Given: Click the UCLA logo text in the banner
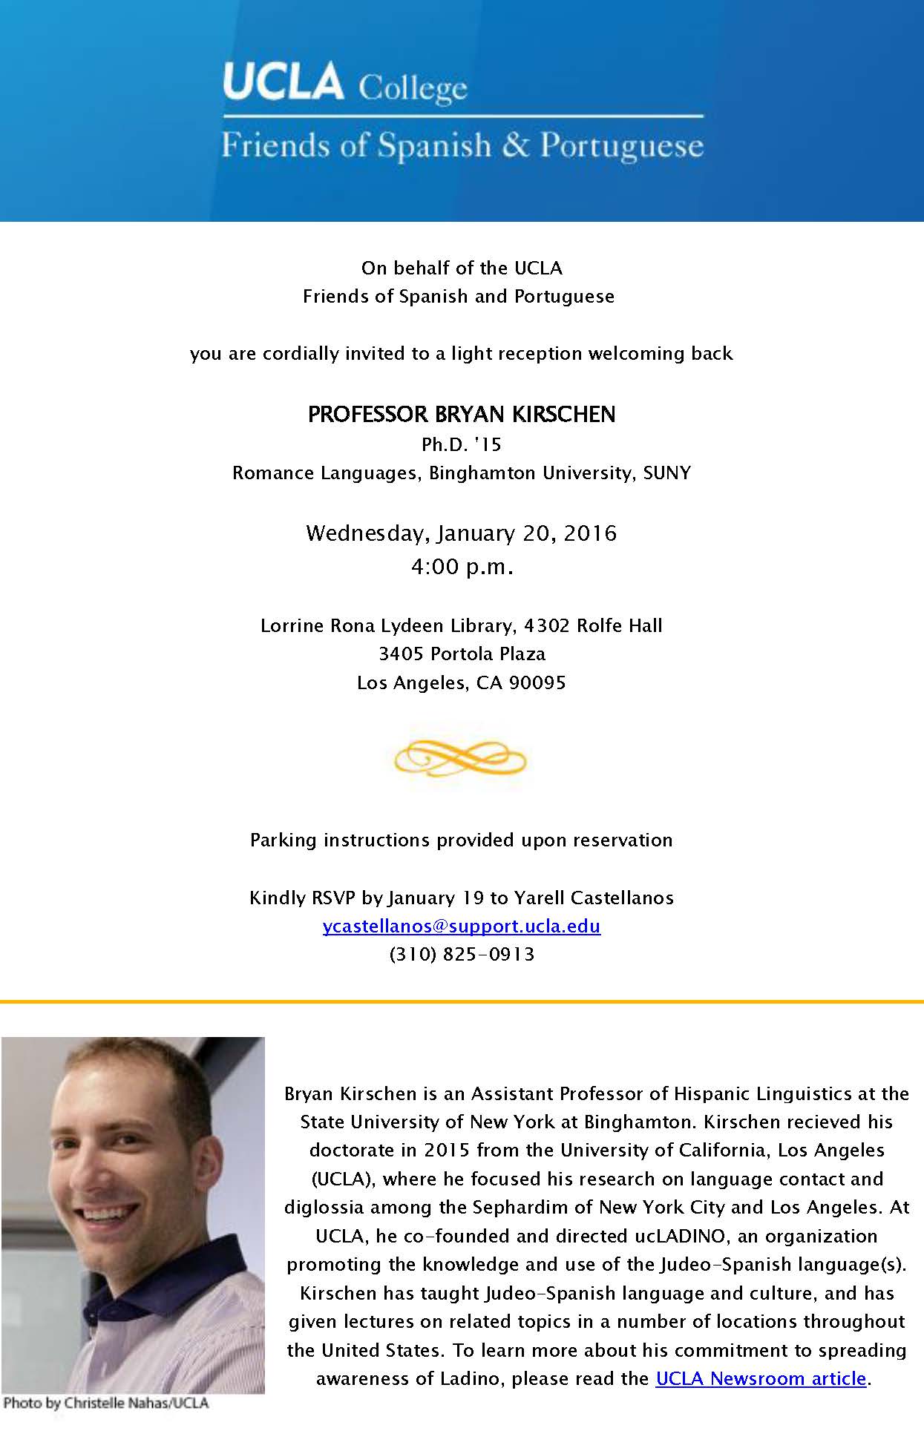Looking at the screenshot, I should [x=283, y=82].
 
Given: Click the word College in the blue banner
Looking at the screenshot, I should [x=413, y=89].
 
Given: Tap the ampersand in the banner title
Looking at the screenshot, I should [x=515, y=145].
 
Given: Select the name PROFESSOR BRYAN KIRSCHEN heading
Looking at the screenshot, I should [x=462, y=414].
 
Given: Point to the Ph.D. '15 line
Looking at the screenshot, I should [x=462, y=444].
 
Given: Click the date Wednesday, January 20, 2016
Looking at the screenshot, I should [x=462, y=533].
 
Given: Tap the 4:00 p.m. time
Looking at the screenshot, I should [x=462, y=567].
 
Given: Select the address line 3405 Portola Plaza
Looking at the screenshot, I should [x=462, y=654].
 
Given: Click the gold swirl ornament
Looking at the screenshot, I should [x=460, y=758].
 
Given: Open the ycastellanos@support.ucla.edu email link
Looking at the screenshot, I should [x=462, y=926].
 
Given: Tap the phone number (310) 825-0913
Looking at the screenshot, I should [x=462, y=954].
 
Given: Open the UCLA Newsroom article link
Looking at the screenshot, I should [x=761, y=1378].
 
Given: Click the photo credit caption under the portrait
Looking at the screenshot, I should [x=106, y=1403].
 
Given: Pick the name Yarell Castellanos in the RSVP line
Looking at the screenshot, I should [x=594, y=898].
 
